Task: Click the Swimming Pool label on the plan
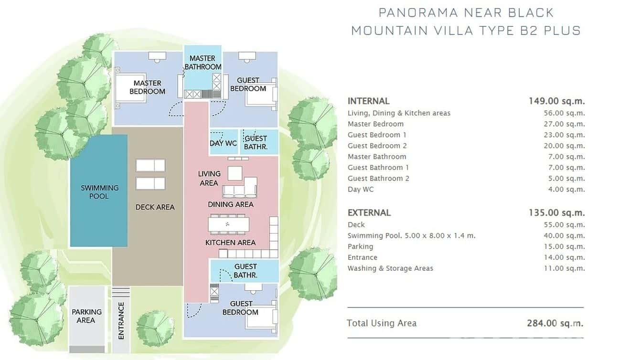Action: tap(99, 192)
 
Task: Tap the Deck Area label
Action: tap(155, 207)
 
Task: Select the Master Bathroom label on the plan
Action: tap(203, 63)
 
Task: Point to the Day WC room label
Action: tap(223, 143)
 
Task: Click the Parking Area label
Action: tap(86, 316)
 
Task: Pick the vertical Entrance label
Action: tap(121, 321)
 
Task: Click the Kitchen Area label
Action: tap(230, 243)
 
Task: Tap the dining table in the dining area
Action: tap(228, 224)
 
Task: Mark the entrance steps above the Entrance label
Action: tap(120, 293)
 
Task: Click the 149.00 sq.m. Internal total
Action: tap(556, 101)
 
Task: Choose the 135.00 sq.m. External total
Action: tap(556, 212)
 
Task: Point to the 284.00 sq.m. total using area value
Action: tap(555, 323)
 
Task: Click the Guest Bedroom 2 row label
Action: tap(377, 146)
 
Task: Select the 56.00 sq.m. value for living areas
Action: tap(564, 113)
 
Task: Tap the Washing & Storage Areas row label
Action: tap(390, 268)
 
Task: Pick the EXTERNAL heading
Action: tap(369, 213)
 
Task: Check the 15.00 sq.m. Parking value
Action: tap(564, 246)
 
